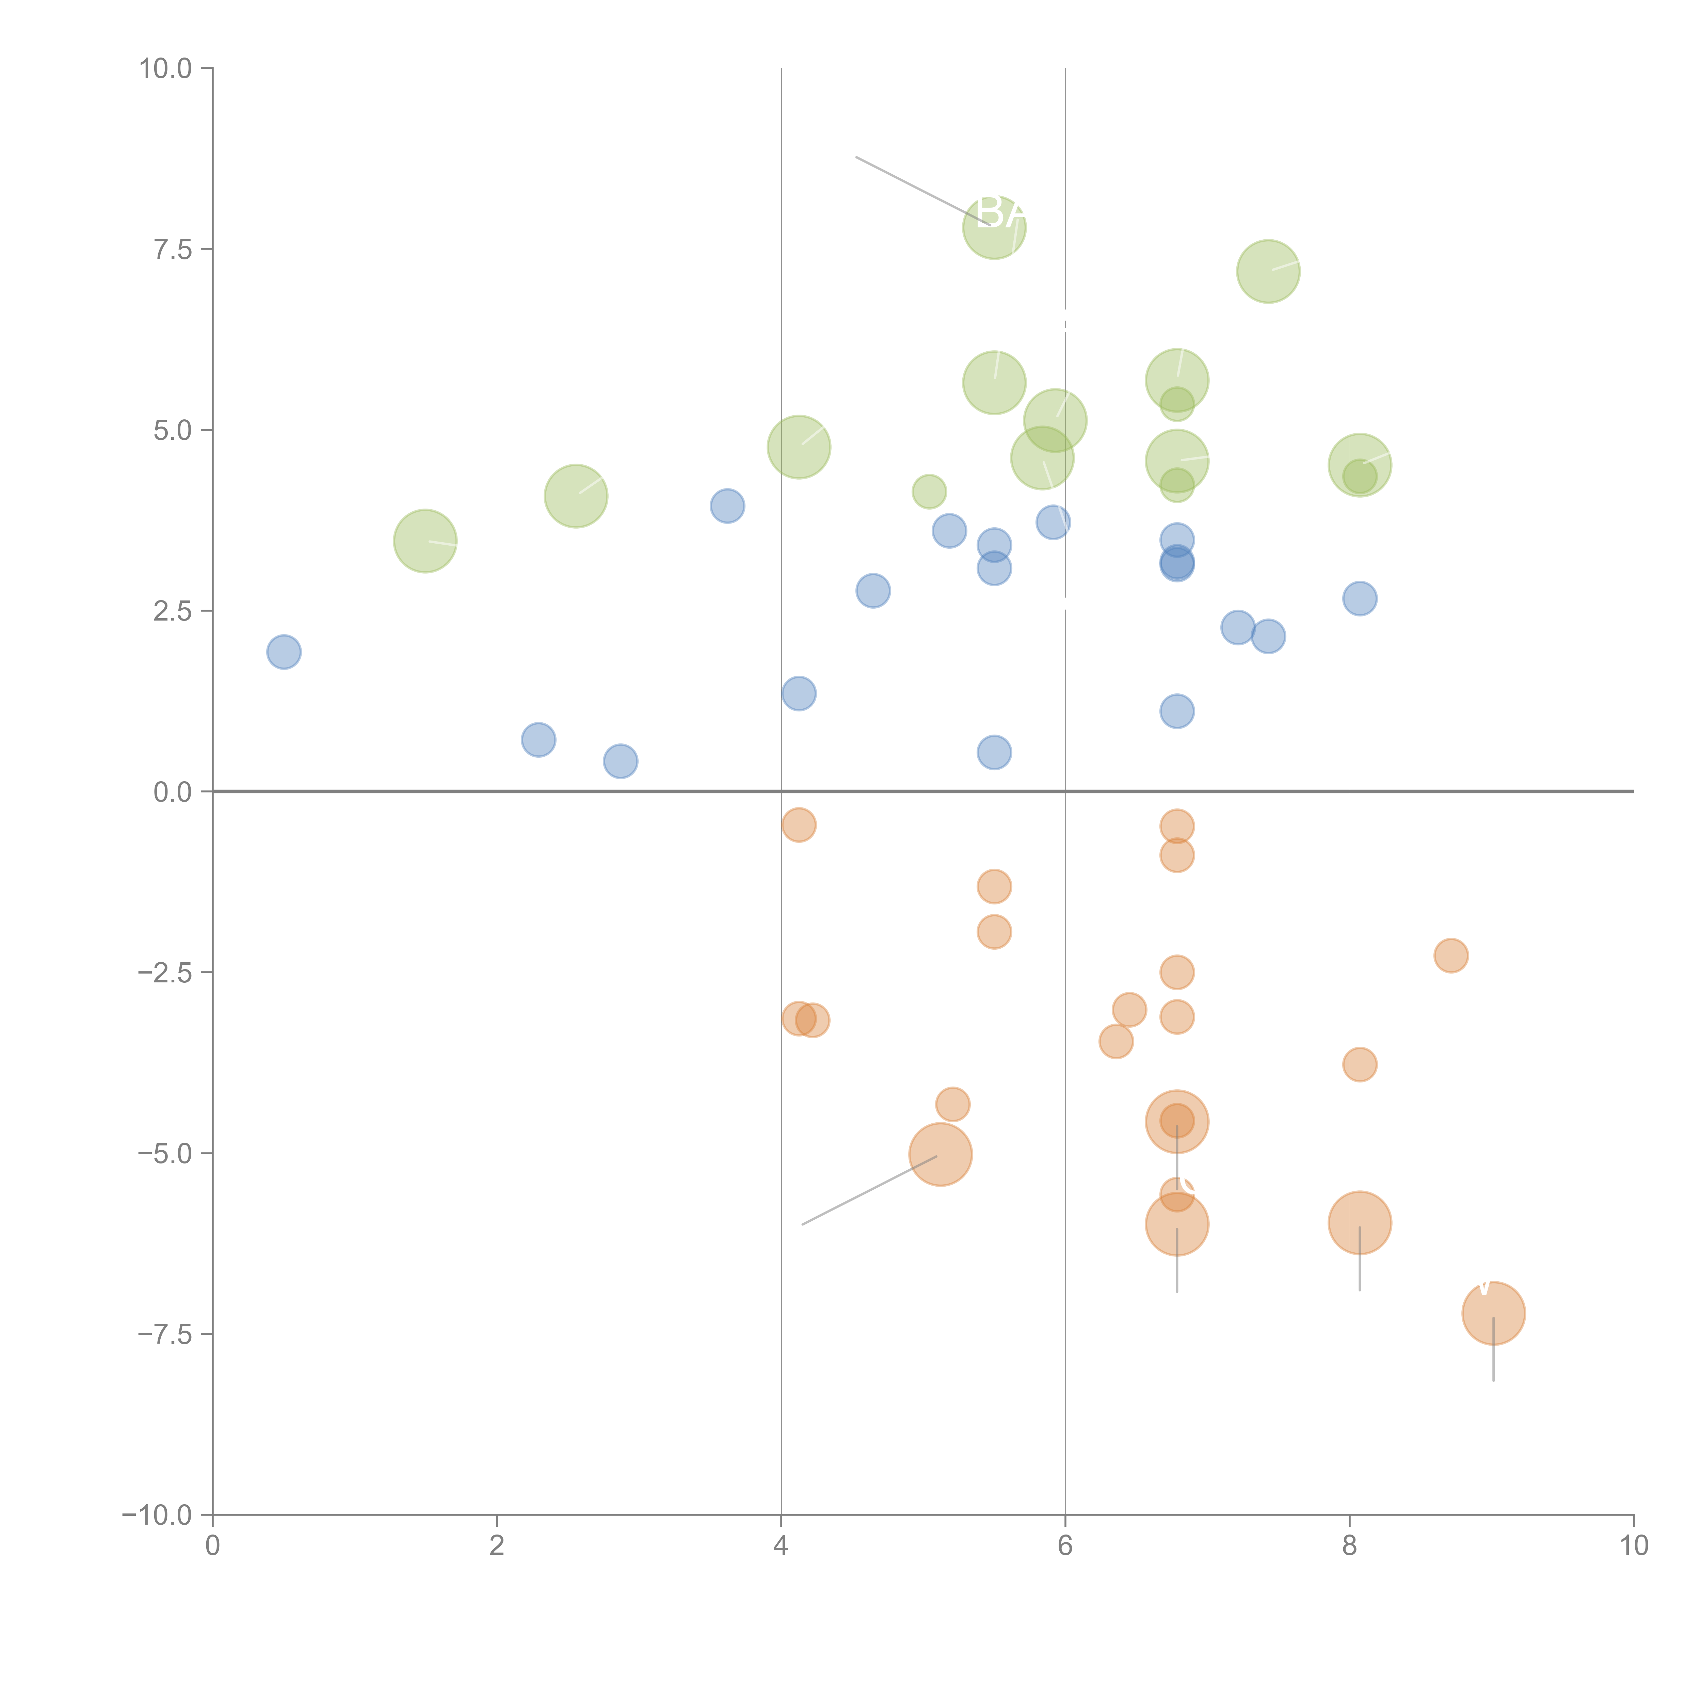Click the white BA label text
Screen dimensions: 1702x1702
point(1001,212)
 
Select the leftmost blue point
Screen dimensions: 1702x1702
point(284,652)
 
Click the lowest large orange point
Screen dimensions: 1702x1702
point(1493,1313)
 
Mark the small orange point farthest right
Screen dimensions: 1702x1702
point(1451,955)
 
